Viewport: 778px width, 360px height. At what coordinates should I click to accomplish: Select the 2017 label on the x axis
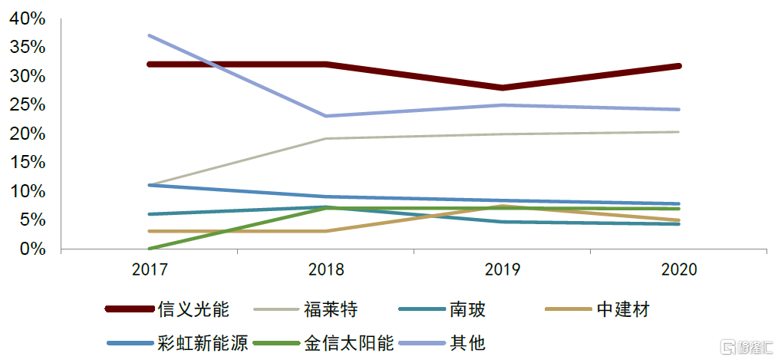(x=150, y=269)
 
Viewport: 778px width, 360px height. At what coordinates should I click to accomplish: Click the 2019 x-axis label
(x=503, y=269)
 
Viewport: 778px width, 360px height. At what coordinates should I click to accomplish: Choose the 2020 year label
(x=678, y=269)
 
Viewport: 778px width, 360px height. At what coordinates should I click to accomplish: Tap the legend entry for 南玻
(x=468, y=310)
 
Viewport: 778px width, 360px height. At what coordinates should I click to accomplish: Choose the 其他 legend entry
(x=468, y=342)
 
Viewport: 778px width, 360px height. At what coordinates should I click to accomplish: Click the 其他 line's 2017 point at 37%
(x=150, y=35)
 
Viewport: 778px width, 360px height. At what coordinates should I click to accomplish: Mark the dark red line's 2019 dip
(x=503, y=88)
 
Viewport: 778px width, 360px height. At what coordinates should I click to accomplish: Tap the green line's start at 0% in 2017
(x=150, y=249)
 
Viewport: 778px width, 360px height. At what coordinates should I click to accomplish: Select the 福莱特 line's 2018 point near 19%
(x=326, y=139)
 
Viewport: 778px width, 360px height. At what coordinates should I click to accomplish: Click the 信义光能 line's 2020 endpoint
(x=678, y=66)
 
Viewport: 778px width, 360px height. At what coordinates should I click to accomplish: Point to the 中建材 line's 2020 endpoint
(x=678, y=220)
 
